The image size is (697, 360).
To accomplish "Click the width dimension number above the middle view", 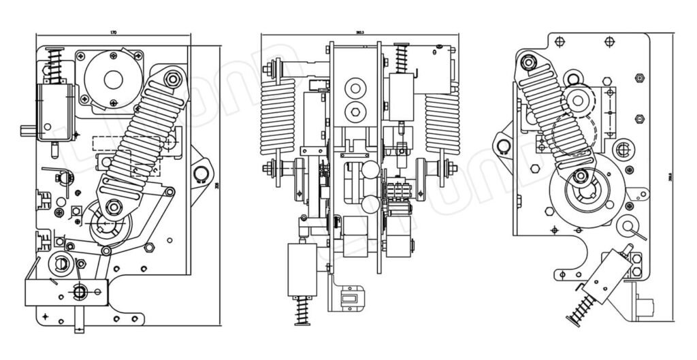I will tap(359, 31).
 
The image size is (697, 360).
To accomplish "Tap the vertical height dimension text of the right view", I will tap(670, 178).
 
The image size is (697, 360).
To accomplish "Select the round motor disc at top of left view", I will tap(113, 78).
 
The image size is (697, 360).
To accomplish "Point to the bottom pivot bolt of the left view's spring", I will tap(114, 206).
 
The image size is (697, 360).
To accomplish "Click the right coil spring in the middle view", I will tap(442, 122).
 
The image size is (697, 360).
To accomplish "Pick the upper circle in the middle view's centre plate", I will tap(354, 87).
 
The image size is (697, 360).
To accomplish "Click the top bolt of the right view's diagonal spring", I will tap(528, 64).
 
